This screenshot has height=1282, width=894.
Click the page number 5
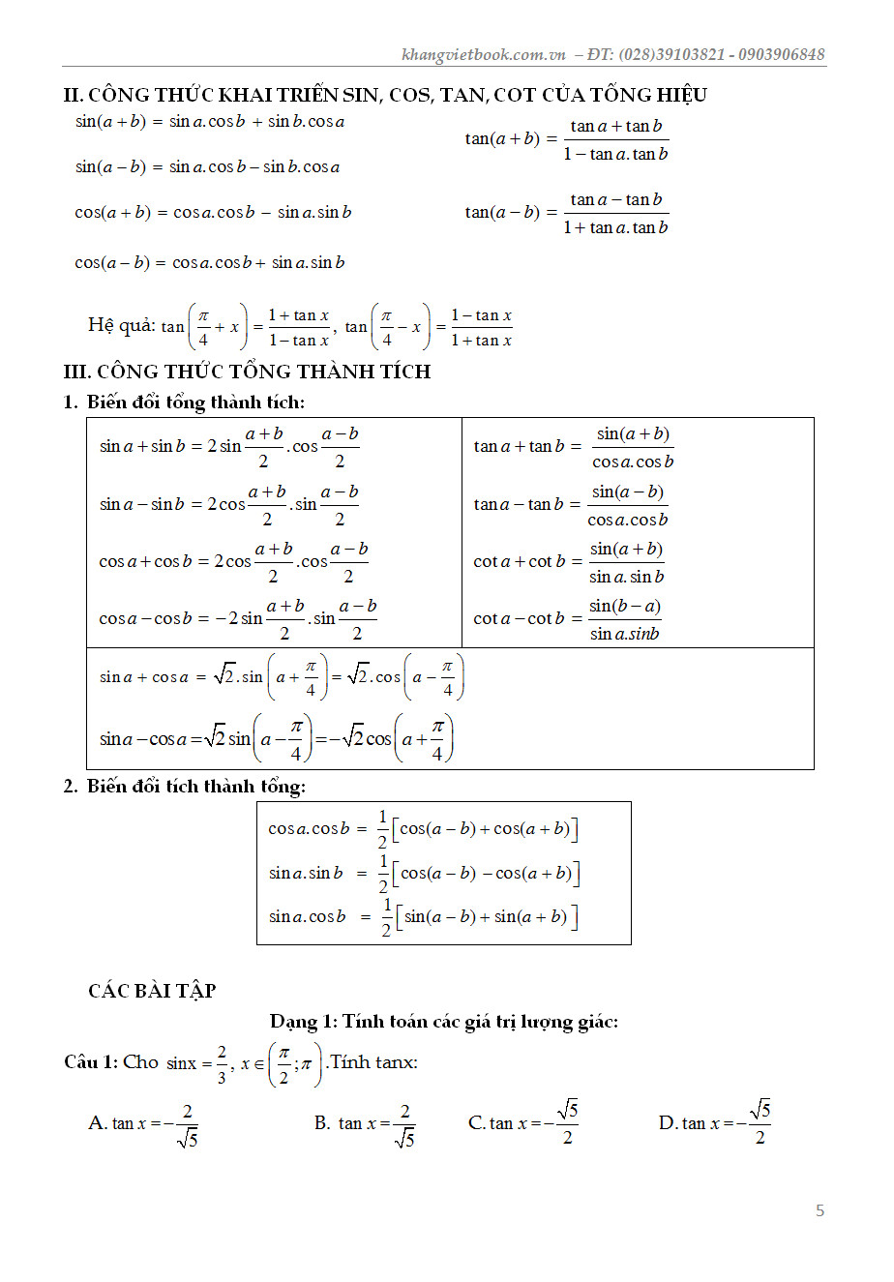click(x=819, y=1210)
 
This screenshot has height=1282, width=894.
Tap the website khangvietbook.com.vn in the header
click(x=483, y=54)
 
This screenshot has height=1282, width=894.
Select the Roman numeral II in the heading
click(x=73, y=95)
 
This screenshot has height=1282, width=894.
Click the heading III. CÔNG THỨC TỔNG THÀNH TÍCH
click(x=247, y=372)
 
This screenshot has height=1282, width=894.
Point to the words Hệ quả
click(x=121, y=325)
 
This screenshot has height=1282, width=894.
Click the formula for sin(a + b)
click(x=210, y=122)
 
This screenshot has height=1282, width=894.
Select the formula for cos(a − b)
click(x=210, y=262)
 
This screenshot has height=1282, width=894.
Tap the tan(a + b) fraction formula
click(x=566, y=139)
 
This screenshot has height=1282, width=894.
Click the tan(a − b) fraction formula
click(x=566, y=213)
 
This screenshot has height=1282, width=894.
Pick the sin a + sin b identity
click(x=229, y=446)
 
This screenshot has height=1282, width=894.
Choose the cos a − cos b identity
click(x=238, y=618)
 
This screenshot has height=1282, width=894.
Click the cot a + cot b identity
click(x=569, y=562)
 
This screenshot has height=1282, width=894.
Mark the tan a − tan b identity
click(x=571, y=505)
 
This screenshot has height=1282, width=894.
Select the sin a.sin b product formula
click(x=424, y=873)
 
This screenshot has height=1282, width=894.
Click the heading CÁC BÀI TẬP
click(x=152, y=991)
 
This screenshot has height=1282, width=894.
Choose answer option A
click(x=143, y=1123)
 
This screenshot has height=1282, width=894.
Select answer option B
click(x=365, y=1123)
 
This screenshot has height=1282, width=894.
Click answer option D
click(x=715, y=1122)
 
